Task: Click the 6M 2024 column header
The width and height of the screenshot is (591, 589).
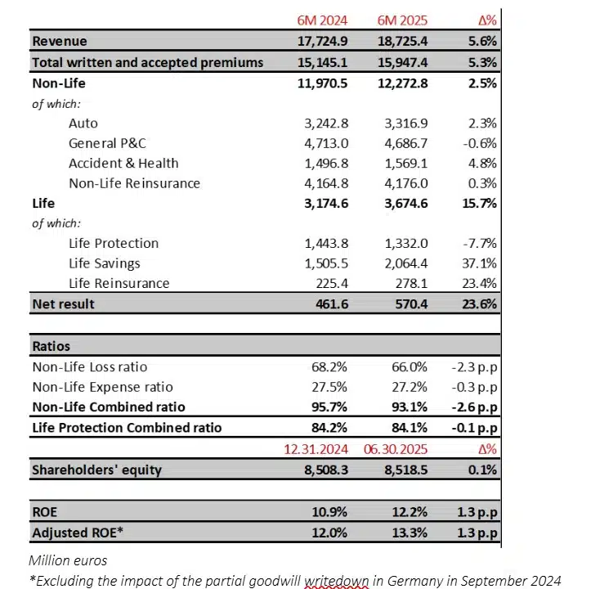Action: tap(322, 20)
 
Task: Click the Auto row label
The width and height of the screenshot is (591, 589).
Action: tap(83, 124)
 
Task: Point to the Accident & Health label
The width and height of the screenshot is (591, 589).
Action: tap(123, 163)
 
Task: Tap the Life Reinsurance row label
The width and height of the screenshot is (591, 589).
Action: tap(119, 283)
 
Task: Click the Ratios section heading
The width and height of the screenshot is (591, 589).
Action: tap(51, 346)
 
